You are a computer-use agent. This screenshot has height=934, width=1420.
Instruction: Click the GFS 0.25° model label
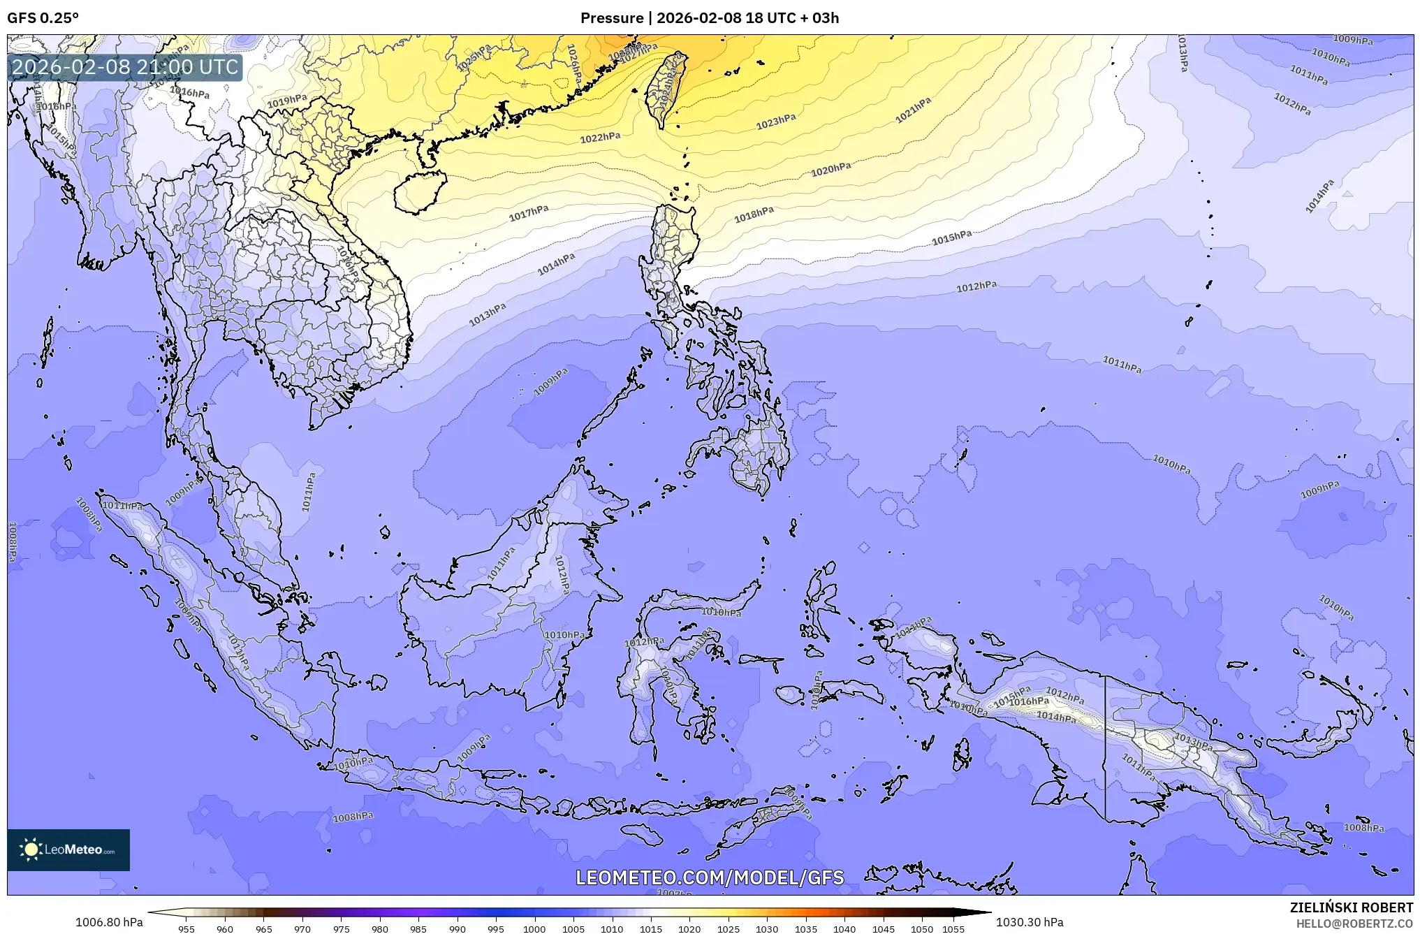(43, 18)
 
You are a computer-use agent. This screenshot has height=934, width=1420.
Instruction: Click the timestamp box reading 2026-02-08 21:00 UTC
(125, 67)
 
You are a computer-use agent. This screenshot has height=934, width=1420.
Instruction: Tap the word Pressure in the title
(612, 18)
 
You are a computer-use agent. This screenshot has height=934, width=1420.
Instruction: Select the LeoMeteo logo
(68, 849)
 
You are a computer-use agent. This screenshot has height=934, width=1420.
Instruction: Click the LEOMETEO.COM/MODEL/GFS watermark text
(710, 877)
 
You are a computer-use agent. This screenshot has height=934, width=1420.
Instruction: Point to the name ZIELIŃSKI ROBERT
(1351, 907)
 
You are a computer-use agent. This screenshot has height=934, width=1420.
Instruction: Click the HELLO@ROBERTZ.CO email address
(1354, 924)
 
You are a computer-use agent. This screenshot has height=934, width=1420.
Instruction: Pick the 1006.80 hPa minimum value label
(109, 922)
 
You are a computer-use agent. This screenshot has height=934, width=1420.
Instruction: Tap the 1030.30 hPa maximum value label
(1030, 922)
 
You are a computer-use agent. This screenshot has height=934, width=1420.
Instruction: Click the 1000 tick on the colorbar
(534, 929)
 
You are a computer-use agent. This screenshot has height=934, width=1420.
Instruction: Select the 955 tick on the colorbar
(186, 929)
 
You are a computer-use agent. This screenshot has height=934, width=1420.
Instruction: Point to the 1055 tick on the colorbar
(953, 929)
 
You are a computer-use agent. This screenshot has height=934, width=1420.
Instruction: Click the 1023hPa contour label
(776, 122)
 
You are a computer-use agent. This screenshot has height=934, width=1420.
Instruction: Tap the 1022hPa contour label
(600, 138)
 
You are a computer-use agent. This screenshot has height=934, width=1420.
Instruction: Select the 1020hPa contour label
(830, 169)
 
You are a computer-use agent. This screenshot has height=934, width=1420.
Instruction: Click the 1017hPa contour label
(529, 213)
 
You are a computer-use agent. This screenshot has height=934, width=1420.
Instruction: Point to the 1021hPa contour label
(914, 110)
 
